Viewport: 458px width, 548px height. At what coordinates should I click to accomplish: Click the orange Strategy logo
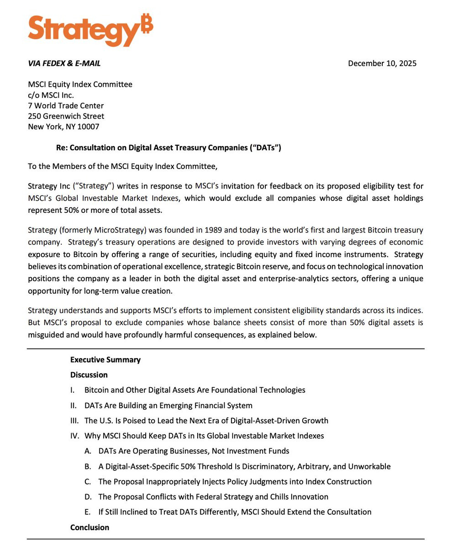point(87,30)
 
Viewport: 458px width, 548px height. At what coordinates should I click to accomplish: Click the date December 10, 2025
point(382,63)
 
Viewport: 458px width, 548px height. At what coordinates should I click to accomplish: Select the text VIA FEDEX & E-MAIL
point(64,63)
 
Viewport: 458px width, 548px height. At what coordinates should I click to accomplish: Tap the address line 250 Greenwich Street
point(66,116)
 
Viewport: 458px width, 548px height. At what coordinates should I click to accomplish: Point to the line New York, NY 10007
point(63,127)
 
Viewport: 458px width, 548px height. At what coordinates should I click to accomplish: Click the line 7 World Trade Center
point(66,106)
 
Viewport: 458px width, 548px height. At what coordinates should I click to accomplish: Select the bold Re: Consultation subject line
point(168,148)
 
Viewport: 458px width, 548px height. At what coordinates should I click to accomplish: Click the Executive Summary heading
point(105,360)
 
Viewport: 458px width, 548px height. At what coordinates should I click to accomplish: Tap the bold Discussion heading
point(89,375)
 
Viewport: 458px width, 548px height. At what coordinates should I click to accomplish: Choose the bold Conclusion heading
point(89,527)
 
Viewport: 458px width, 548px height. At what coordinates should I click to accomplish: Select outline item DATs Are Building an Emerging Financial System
point(168,406)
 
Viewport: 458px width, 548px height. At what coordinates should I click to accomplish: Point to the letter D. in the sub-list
point(88,497)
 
